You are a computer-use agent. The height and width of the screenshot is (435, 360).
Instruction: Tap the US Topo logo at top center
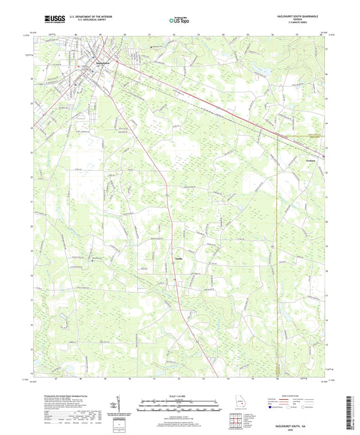pyautogui.click(x=179, y=22)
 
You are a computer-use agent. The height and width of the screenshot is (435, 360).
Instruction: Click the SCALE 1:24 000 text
pyautogui.click(x=179, y=396)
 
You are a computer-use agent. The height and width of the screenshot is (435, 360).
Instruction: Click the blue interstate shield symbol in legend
pyautogui.click(x=272, y=407)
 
